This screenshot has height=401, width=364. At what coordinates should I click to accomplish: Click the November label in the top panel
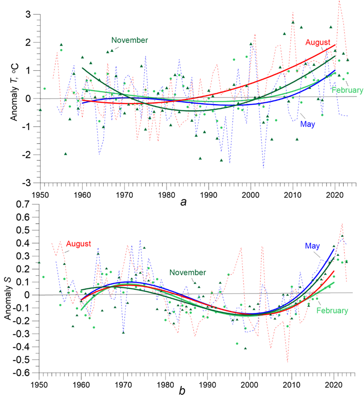pos(129,40)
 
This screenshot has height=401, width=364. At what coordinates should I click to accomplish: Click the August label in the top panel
pos(317,42)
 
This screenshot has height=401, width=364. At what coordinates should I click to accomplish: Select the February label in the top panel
pos(348,90)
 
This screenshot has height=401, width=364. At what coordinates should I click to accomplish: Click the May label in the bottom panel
pos(312,246)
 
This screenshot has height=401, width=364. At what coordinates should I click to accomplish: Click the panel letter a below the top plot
pos(184,202)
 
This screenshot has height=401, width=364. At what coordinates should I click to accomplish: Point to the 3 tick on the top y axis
pos(29,15)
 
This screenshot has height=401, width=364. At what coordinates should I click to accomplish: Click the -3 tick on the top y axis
pos(27,183)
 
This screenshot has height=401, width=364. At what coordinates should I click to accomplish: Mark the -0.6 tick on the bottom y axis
pos(22,372)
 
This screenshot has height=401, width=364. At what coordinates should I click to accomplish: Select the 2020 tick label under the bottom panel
pos(334,383)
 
